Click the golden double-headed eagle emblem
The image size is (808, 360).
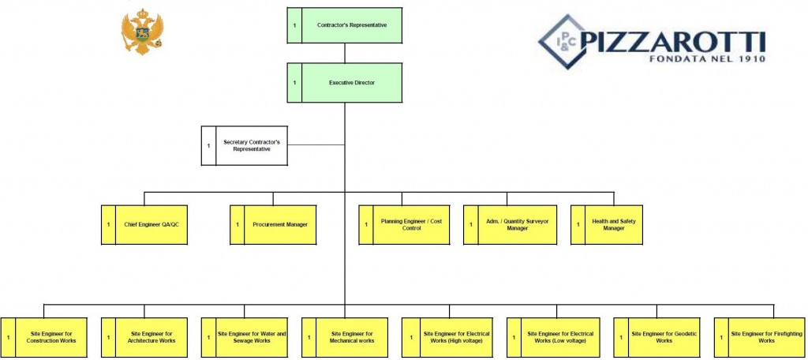141,32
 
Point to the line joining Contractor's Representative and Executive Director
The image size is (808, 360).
345,53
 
